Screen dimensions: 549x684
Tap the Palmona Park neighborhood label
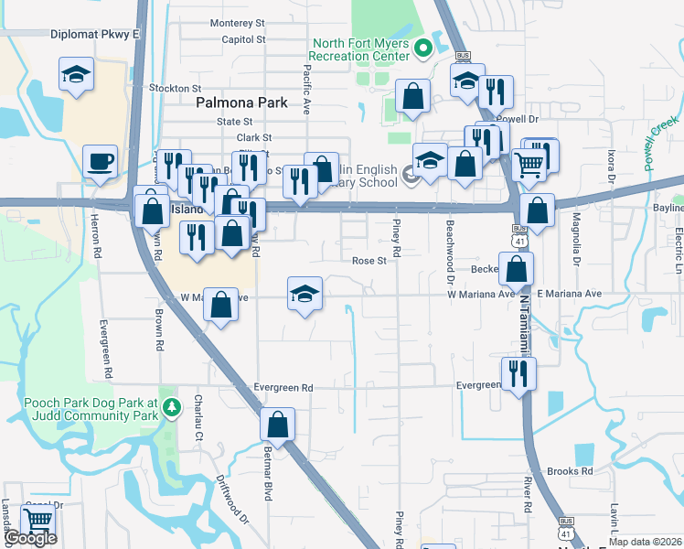[236, 103]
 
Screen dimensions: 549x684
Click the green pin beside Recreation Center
[423, 48]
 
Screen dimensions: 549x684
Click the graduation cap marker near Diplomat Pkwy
[77, 76]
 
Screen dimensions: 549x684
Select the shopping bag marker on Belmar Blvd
[277, 425]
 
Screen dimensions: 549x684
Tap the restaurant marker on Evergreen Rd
[518, 373]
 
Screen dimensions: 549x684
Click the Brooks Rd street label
[570, 471]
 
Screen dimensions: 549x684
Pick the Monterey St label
[236, 23]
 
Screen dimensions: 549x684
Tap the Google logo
[29, 539]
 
